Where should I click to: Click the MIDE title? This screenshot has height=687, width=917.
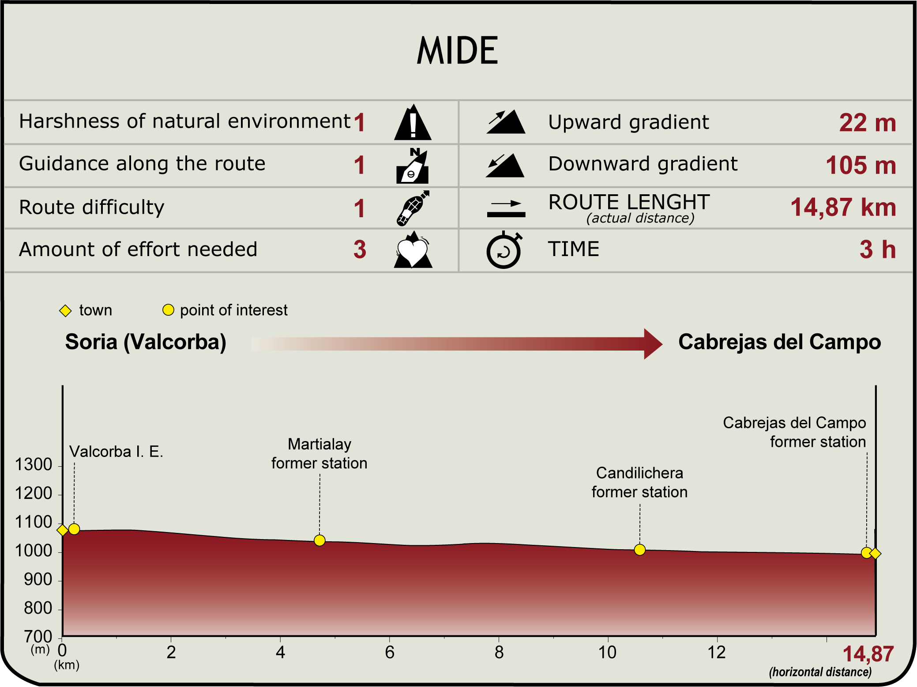pos(458,51)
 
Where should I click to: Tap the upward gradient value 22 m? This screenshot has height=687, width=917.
pos(867,123)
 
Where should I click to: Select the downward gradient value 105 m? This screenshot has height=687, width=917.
pos(861,165)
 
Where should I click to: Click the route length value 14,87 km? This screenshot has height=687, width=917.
pos(843,207)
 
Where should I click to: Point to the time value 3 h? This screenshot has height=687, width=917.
pos(877,249)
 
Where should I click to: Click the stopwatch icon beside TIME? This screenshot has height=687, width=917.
pos(504,250)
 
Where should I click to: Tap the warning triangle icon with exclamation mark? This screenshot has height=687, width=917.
pos(413,123)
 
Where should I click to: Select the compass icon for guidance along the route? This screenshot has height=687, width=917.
pos(413,166)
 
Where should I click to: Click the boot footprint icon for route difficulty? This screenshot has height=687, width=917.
pos(413,208)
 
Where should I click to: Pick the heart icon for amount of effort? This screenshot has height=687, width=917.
pos(413,250)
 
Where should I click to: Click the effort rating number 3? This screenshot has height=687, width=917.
pos(360,249)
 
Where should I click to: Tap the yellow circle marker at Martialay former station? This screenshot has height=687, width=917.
pos(319,540)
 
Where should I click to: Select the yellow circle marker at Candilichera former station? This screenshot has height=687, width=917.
pos(639,550)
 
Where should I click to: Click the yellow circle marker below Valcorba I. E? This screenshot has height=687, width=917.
pos(74,529)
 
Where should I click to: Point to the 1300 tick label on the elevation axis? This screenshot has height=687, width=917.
pos(34,464)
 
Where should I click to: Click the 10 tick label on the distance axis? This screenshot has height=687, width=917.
pos(607,652)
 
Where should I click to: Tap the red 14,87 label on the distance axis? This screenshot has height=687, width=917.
pos(868,654)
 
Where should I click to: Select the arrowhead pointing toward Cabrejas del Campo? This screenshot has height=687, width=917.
pos(653,343)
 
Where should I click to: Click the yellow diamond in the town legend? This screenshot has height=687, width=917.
pos(65,311)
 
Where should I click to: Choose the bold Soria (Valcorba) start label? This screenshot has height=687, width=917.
pos(146,342)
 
